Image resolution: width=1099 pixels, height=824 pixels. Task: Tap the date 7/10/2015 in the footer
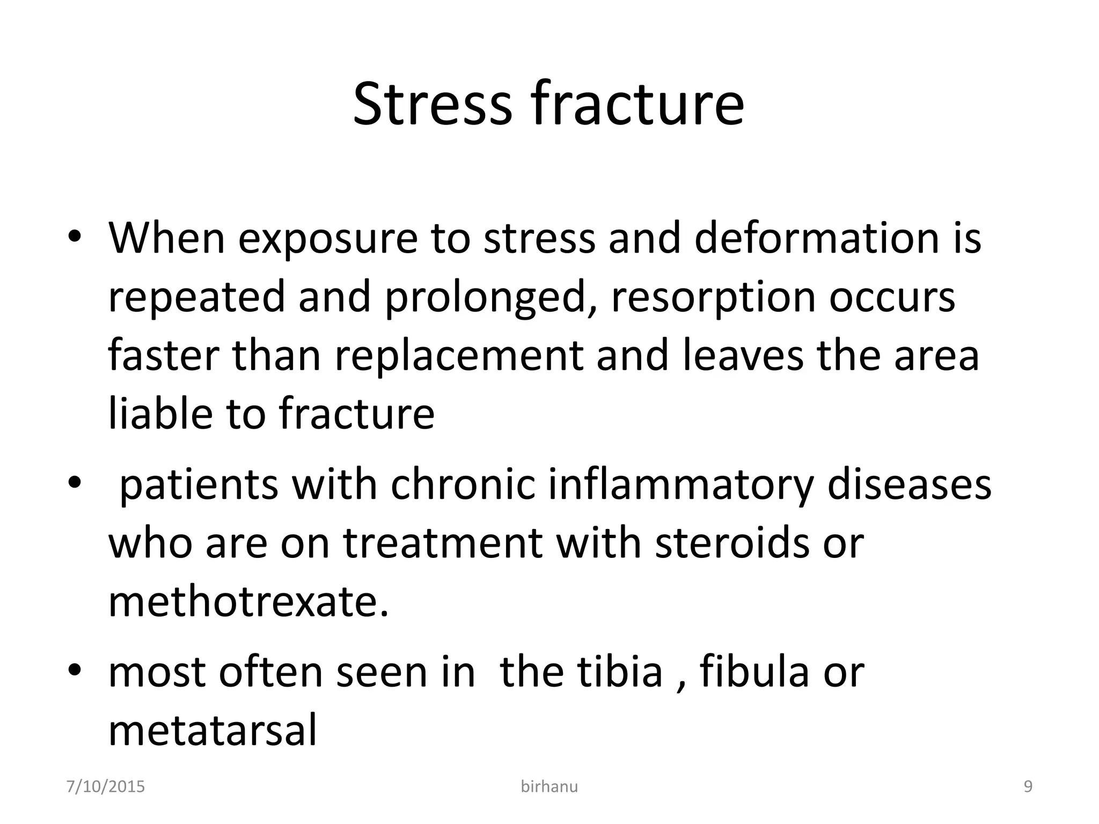(106, 787)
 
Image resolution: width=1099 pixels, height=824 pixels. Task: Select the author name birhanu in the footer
(549, 787)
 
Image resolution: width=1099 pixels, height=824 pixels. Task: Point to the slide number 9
(1028, 787)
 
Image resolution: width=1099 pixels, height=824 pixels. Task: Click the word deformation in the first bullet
(816, 238)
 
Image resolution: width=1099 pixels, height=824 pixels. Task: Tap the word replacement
(459, 356)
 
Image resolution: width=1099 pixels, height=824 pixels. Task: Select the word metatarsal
(213, 731)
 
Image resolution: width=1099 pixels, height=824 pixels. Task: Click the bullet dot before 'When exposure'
(75, 238)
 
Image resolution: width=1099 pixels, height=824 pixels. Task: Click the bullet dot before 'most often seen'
(75, 672)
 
